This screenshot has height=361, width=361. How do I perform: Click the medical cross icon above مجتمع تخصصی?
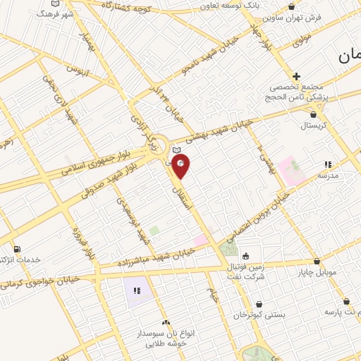(296, 76)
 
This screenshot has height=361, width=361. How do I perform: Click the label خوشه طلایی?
(166, 344)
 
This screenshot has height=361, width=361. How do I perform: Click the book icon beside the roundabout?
(176, 149)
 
